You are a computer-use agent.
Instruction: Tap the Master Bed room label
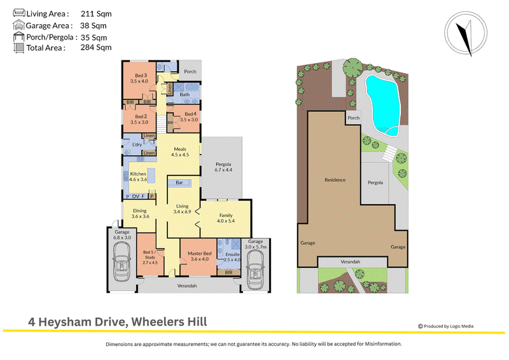pyautogui.click(x=199, y=253)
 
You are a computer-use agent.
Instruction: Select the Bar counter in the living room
pyautogui.click(x=179, y=183)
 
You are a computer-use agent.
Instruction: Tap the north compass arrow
pyautogui.click(x=465, y=38)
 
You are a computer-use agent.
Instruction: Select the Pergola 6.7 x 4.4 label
pyautogui.click(x=223, y=167)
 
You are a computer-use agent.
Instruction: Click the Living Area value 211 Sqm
pyautogui.click(x=96, y=13)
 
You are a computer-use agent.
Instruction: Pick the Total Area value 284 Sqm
pyautogui.click(x=96, y=48)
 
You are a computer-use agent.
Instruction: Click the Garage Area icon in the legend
pyautogui.click(x=19, y=25)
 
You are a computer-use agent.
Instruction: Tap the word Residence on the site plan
pyautogui.click(x=335, y=180)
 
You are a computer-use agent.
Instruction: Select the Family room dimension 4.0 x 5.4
pyautogui.click(x=226, y=221)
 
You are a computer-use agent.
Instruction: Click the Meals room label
pyautogui.click(x=180, y=149)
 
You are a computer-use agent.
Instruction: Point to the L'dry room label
pyautogui.click(x=137, y=144)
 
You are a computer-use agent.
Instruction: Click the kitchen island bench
pyautogui.click(x=151, y=176)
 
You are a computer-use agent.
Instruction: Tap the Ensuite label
pyautogui.click(x=232, y=254)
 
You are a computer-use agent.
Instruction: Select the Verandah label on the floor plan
pyautogui.click(x=187, y=286)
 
